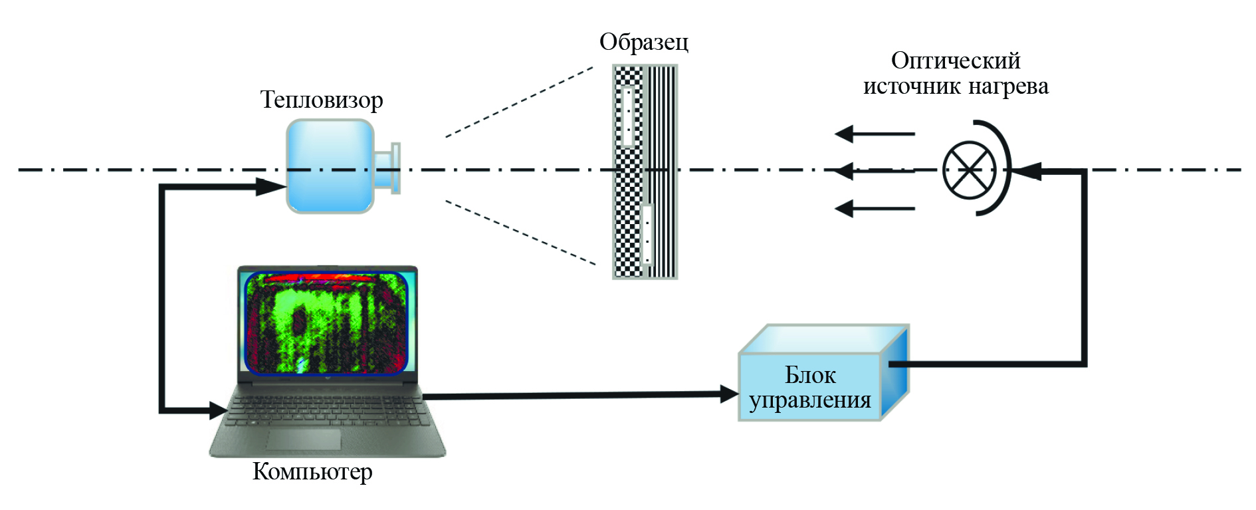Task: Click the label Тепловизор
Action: point(322,100)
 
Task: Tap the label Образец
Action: point(643,42)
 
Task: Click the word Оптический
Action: point(955,61)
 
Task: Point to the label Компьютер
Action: point(312,471)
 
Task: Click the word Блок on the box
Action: point(809,375)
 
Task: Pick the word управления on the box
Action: point(809,400)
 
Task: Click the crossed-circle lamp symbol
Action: point(970,169)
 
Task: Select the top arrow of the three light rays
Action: point(845,134)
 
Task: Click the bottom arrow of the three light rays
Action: point(845,209)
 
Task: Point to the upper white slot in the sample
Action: point(627,116)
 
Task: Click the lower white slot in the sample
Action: point(647,234)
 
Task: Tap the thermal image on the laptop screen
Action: point(326,322)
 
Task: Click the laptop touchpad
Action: point(304,440)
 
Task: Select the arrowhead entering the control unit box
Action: point(730,394)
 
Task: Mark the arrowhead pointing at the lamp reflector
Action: point(1027,171)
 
